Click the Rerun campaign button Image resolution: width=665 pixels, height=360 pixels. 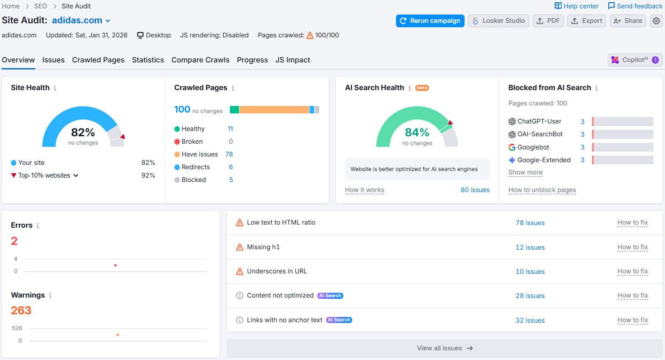coord(430,21)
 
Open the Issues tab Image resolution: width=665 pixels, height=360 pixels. coord(53,60)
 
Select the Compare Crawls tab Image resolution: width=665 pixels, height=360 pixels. coord(200,60)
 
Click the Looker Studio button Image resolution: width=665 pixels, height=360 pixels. coord(498,21)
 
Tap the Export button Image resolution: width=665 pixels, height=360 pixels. coord(587,21)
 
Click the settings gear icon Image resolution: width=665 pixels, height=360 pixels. coord(656,21)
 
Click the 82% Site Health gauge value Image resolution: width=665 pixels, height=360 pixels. coord(83,132)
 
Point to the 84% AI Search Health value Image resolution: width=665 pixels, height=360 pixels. coord(417,132)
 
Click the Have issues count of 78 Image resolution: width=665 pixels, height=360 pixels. coord(229,154)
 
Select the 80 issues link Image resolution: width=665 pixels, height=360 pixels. coord(475,190)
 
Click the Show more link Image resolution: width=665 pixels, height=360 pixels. coord(525,172)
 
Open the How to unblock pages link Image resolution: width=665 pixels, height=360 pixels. coord(542,190)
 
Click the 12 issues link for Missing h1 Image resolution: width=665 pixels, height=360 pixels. coord(530,247)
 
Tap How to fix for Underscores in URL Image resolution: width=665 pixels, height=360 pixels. coord(632,271)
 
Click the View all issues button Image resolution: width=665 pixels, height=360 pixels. coord(444,348)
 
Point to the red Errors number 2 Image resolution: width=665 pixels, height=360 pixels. coord(14,241)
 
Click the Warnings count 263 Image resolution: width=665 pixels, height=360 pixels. coord(21,310)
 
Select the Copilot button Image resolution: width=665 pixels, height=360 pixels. coord(635,60)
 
